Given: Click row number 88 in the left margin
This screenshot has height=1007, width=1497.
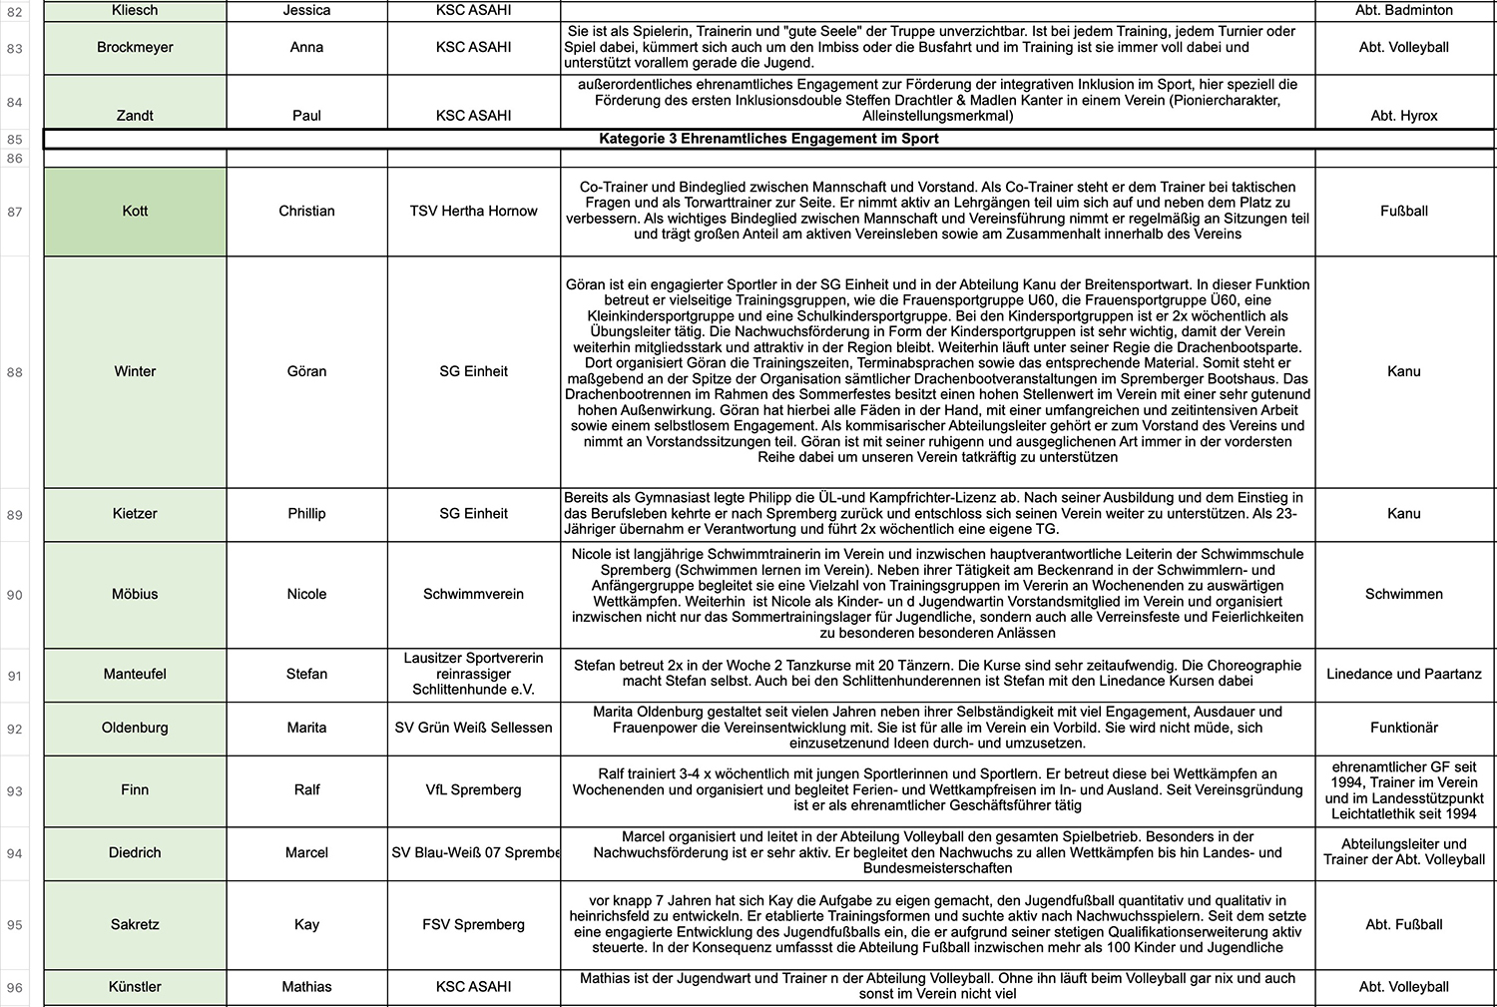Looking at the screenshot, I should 15,372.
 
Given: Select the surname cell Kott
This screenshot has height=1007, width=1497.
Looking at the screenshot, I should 135,211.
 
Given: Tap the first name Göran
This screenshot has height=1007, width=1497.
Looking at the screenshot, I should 306,371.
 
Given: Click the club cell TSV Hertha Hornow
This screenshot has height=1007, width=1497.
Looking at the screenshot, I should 473,211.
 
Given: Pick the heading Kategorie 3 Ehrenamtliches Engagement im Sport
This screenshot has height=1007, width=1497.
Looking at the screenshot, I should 768,139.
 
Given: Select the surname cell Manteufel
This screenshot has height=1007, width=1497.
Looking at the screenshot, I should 135,674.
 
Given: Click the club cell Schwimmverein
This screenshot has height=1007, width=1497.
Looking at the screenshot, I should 473,594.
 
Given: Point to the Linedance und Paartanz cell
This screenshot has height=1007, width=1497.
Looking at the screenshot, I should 1403,674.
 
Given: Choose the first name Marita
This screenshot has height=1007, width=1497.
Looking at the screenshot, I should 306,728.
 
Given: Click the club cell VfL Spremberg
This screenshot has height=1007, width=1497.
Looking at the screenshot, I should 473,789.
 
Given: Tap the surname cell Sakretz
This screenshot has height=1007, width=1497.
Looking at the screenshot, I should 135,924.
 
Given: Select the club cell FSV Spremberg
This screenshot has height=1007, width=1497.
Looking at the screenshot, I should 473,924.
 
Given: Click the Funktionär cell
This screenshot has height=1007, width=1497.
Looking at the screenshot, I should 1403,728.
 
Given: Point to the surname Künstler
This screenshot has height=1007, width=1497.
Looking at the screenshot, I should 135,986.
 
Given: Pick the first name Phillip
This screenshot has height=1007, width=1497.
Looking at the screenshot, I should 306,513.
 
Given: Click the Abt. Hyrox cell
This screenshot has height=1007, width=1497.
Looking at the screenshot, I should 1403,116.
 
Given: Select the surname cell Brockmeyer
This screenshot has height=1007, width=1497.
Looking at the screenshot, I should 135,47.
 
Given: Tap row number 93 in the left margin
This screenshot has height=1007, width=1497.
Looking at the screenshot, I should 15,791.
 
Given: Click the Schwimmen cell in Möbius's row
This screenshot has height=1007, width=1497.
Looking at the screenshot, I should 1403,594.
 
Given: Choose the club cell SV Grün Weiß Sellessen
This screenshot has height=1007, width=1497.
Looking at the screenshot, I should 473,728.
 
